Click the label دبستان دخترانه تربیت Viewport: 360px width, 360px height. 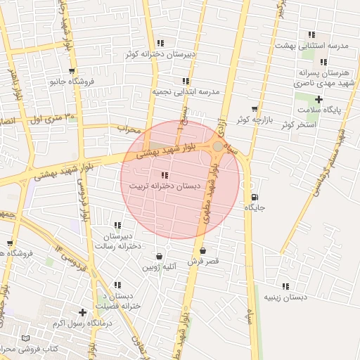pyautogui.click(x=165, y=186)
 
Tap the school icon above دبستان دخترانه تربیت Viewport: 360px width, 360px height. pyautogui.click(x=165, y=175)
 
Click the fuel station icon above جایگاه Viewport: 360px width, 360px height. pyautogui.click(x=254, y=197)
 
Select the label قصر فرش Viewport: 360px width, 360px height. pyautogui.click(x=203, y=261)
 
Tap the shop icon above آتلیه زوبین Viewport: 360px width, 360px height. pyautogui.click(x=160, y=257)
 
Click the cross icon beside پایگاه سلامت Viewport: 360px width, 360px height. pyautogui.click(x=319, y=100)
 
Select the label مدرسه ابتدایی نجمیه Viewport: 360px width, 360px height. pyautogui.click(x=186, y=92)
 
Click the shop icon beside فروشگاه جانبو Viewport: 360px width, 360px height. pyautogui.click(x=72, y=71)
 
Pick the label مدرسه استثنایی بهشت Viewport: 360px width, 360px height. pyautogui.click(x=325, y=46)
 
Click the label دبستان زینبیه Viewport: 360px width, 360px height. pyautogui.click(x=285, y=297)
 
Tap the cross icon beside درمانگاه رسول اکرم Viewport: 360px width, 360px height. pyautogui.click(x=83, y=311)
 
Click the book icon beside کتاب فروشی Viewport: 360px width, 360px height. pyautogui.click(x=27, y=338)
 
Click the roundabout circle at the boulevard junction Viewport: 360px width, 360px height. pyautogui.click(x=219, y=146)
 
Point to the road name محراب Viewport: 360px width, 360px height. pyautogui.click(x=129, y=129)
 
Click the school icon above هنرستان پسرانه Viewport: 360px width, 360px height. pyautogui.click(x=323, y=62)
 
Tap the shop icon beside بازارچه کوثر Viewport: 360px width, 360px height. pyautogui.click(x=254, y=109)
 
